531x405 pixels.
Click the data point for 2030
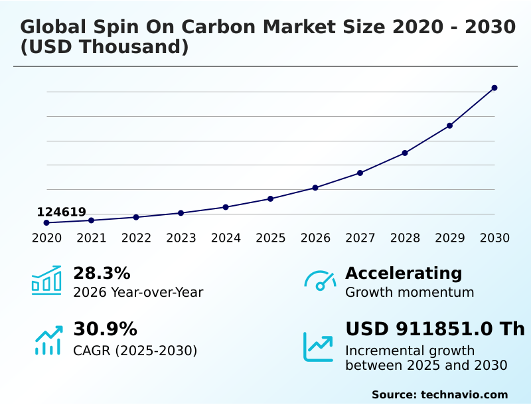pyautogui.click(x=494, y=88)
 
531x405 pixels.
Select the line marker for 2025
pyautogui.click(x=270, y=199)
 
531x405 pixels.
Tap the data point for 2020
pyautogui.click(x=46, y=222)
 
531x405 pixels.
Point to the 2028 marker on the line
pyautogui.click(x=405, y=153)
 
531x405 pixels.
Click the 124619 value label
pyautogui.click(x=61, y=212)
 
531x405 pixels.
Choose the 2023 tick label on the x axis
pyautogui.click(x=181, y=238)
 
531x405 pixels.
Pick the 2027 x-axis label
pyautogui.click(x=360, y=238)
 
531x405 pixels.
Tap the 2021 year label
pyautogui.click(x=91, y=238)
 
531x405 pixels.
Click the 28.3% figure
pyautogui.click(x=102, y=273)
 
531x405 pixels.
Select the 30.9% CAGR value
pyautogui.click(x=105, y=329)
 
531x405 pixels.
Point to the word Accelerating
pyautogui.click(x=404, y=273)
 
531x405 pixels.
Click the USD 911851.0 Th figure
pyautogui.click(x=435, y=329)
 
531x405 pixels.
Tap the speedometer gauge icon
pyautogui.click(x=320, y=280)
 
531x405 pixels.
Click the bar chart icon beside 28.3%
pyautogui.click(x=46, y=280)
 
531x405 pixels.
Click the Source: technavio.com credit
pyautogui.click(x=439, y=394)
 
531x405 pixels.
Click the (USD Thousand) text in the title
pyautogui.click(x=104, y=47)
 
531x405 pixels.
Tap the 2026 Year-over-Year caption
pyautogui.click(x=138, y=292)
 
